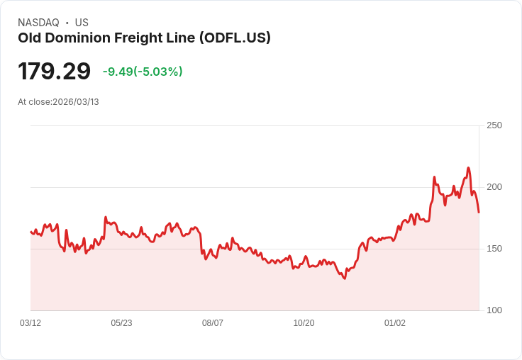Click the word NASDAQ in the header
pyautogui.click(x=38, y=23)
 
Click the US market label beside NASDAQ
pyautogui.click(x=82, y=23)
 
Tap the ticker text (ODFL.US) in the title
pyautogui.click(x=235, y=38)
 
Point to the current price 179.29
pyautogui.click(x=54, y=72)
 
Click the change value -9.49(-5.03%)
pyautogui.click(x=143, y=72)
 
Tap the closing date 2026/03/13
pyautogui.click(x=76, y=102)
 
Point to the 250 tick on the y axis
pyautogui.click(x=494, y=125)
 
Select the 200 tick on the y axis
pyautogui.click(x=494, y=187)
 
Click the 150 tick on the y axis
pyautogui.click(x=494, y=249)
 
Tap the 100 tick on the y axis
pyautogui.click(x=494, y=310)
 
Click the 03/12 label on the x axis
pyautogui.click(x=30, y=323)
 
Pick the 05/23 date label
pyautogui.click(x=121, y=323)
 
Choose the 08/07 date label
pyautogui.click(x=213, y=323)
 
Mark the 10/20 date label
pyautogui.click(x=304, y=323)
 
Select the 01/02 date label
pyautogui.click(x=395, y=323)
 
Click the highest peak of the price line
pyautogui.click(x=468, y=168)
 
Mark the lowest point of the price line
pyautogui.click(x=345, y=279)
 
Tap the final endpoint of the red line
pyautogui.click(x=479, y=212)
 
